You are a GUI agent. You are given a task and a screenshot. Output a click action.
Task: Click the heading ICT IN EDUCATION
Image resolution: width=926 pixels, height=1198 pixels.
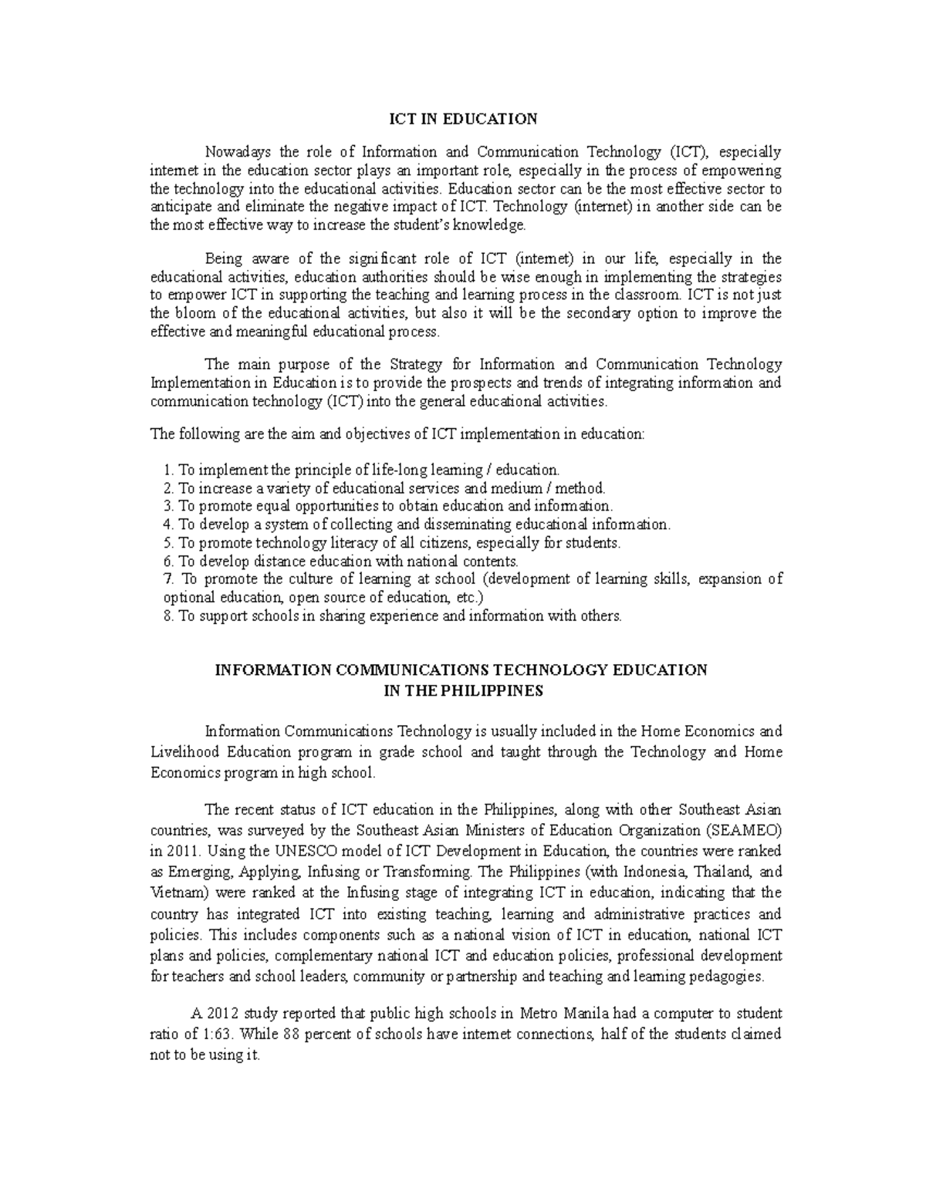[462, 119]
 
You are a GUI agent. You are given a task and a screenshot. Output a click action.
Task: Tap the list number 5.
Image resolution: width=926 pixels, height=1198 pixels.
[169, 543]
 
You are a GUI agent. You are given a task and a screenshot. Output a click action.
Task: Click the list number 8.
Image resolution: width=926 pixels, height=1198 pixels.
[169, 616]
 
